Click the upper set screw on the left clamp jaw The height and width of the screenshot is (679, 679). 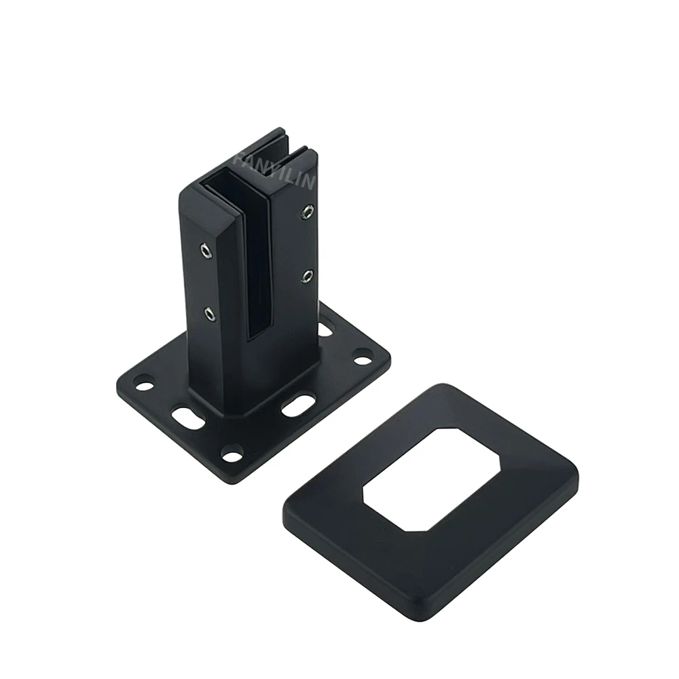pos(205,252)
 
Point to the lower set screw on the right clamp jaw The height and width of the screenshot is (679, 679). pos(308,276)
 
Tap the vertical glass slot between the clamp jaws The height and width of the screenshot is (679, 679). pos(257,272)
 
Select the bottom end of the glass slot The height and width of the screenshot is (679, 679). pos(257,336)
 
